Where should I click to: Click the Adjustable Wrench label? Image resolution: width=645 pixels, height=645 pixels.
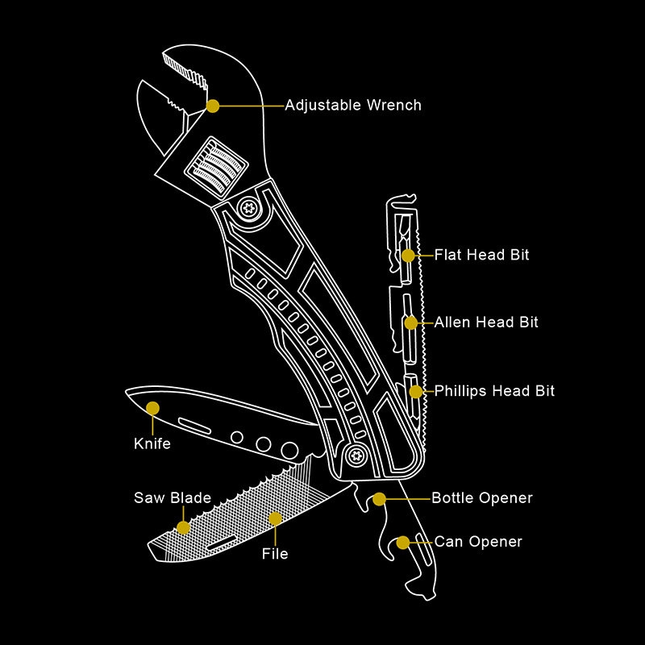pyautogui.click(x=353, y=106)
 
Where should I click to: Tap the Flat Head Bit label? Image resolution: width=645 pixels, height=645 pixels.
pyautogui.click(x=481, y=255)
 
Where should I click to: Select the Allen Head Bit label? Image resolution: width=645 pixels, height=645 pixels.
pyautogui.click(x=486, y=322)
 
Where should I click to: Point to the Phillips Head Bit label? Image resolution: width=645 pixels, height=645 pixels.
pyautogui.click(x=494, y=391)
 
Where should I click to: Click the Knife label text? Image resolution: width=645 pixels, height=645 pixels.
pyautogui.click(x=152, y=443)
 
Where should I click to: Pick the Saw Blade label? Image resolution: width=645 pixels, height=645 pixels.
pyautogui.click(x=173, y=498)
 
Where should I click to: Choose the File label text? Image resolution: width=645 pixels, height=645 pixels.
pyautogui.click(x=275, y=554)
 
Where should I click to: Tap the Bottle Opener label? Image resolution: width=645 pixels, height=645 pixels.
pyautogui.click(x=482, y=498)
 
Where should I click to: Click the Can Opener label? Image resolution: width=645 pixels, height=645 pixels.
pyautogui.click(x=478, y=542)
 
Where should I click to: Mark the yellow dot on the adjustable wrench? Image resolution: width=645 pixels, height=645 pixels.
pyautogui.click(x=213, y=106)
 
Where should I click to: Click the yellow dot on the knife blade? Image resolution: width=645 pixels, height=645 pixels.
pyautogui.click(x=153, y=408)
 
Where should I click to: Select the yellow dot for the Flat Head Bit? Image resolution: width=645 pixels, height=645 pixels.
pyautogui.click(x=409, y=255)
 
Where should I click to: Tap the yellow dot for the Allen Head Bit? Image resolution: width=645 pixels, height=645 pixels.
pyautogui.click(x=411, y=322)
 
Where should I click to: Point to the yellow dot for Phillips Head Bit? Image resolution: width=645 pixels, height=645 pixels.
pyautogui.click(x=415, y=391)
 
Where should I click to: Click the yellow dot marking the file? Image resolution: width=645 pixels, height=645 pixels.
pyautogui.click(x=275, y=518)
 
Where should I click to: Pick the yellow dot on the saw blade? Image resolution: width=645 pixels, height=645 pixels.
pyautogui.click(x=184, y=527)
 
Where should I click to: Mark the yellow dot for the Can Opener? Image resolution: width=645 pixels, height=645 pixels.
pyautogui.click(x=401, y=542)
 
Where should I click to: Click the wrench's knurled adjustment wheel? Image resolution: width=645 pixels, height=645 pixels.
pyautogui.click(x=214, y=165)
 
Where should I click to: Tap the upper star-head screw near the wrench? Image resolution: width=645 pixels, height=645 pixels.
pyautogui.click(x=248, y=207)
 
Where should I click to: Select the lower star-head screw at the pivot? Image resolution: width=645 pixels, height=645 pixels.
pyautogui.click(x=354, y=457)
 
